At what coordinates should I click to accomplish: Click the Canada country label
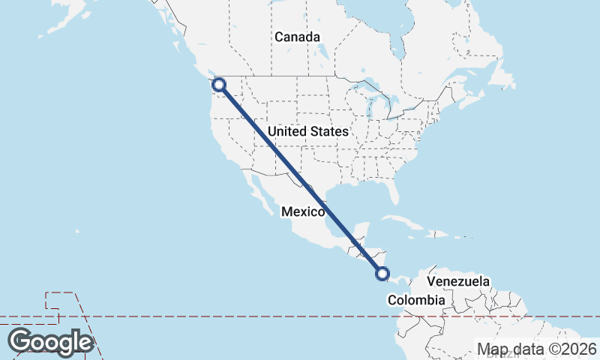click(x=297, y=37)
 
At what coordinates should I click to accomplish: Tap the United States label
click(x=307, y=131)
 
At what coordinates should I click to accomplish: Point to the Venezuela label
click(x=458, y=281)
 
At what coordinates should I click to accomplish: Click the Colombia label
click(x=416, y=300)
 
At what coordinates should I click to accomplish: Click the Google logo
click(x=50, y=342)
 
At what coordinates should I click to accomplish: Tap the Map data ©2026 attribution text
click(x=537, y=349)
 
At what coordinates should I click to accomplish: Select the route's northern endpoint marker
click(x=219, y=85)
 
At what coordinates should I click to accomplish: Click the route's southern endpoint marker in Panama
click(x=382, y=274)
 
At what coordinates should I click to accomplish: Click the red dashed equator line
click(x=225, y=316)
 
